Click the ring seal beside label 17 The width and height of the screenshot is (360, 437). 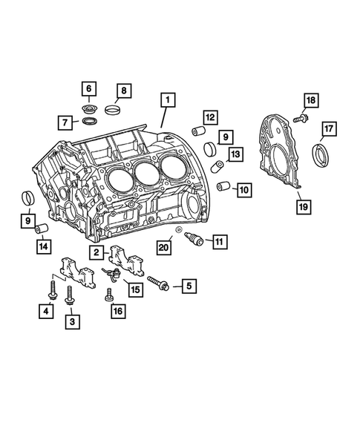pos(324,157)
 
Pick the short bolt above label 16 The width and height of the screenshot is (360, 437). pos(111,295)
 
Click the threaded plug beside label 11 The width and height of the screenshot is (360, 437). pos(196,240)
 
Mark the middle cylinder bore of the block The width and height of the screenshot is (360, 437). pos(146,175)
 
